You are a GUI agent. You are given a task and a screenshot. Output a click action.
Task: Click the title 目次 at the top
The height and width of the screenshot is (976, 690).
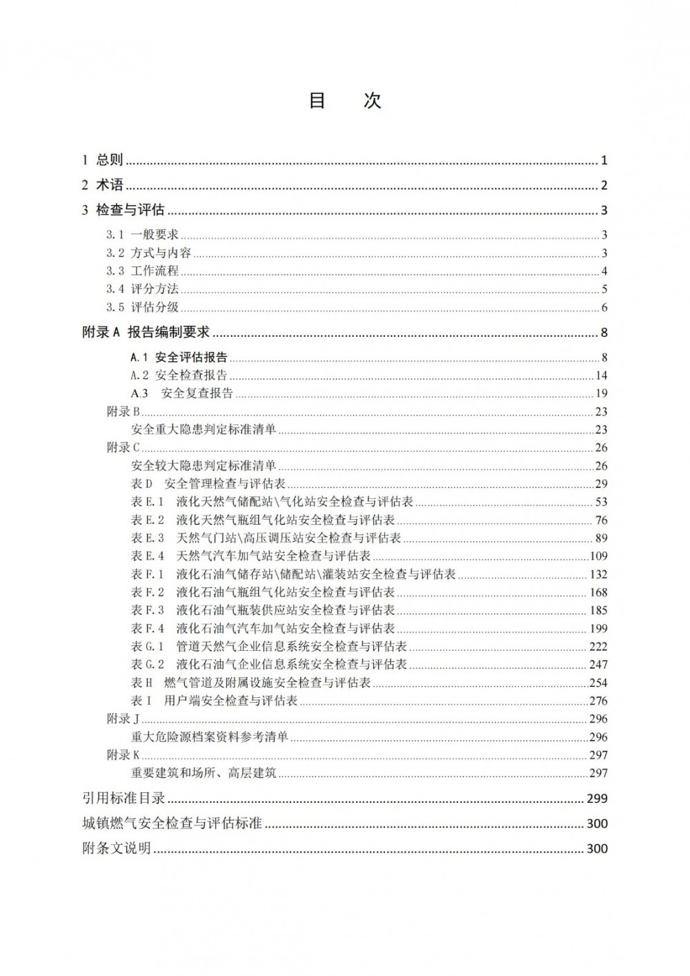[344, 101]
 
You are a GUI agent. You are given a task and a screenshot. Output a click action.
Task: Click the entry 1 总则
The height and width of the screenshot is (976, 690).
[102, 160]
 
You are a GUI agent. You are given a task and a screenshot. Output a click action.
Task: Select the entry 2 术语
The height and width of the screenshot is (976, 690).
[102, 185]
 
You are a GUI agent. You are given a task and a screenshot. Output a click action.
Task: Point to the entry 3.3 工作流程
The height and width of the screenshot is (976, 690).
[142, 271]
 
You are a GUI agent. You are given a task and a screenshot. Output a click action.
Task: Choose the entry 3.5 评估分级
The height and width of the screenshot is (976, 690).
[142, 308]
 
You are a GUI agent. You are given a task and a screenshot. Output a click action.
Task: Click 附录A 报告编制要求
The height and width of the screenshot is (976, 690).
[146, 333]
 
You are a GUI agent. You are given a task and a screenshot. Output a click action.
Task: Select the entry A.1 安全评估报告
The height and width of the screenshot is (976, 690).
[179, 358]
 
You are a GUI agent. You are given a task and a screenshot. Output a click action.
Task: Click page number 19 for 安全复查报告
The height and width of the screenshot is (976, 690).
[601, 393]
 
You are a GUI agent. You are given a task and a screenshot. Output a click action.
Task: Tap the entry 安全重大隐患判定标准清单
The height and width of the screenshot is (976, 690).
[204, 429]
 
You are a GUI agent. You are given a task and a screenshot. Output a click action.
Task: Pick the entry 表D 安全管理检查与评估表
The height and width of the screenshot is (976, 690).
[208, 484]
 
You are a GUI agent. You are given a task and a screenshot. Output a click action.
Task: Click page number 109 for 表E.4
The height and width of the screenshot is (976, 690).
[598, 556]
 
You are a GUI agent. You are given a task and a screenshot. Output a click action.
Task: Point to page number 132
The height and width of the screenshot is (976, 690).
[598, 574]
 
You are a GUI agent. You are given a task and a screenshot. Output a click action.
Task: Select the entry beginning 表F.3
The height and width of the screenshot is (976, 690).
[263, 610]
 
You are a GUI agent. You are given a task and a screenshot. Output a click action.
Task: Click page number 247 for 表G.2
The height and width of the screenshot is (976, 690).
[598, 665]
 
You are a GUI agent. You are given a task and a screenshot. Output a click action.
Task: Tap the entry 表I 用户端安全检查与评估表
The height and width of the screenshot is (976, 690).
[214, 701]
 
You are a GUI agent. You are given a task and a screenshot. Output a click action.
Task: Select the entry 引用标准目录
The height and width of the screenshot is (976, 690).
[124, 799]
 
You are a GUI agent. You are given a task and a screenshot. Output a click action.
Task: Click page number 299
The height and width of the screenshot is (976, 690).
[597, 799]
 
